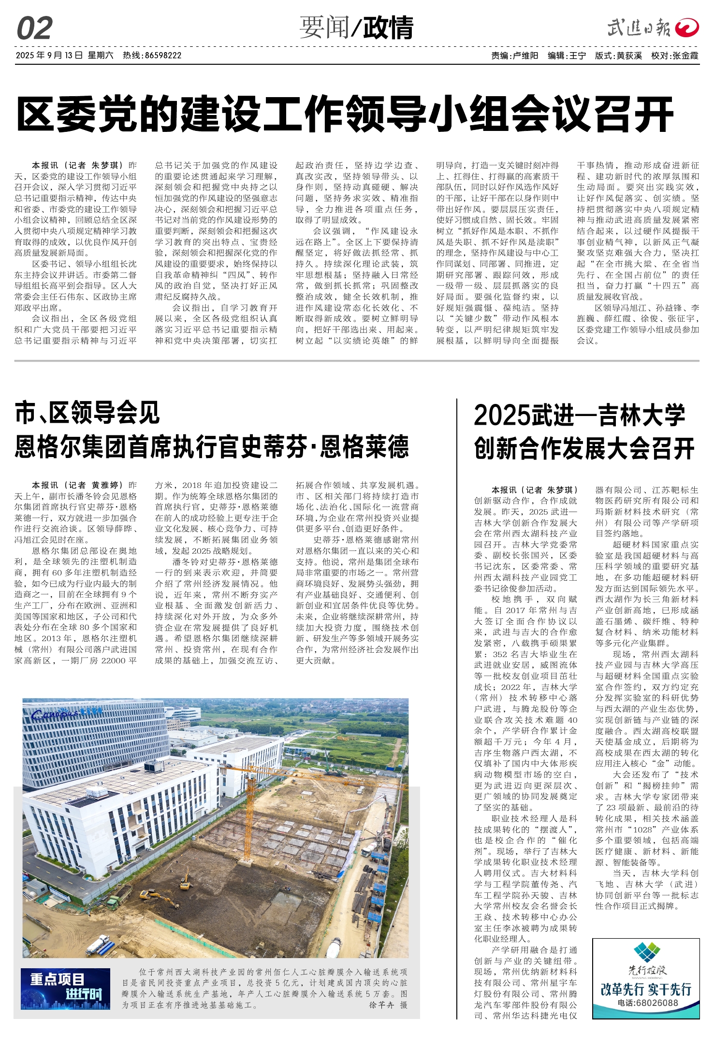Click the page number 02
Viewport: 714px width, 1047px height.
[x=34, y=29]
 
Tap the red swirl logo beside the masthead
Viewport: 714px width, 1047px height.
[x=687, y=28]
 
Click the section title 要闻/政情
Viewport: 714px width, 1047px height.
[x=356, y=28]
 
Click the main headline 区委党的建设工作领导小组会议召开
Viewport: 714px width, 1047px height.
[x=345, y=114]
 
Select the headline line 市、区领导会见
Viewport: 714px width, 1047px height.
[x=87, y=413]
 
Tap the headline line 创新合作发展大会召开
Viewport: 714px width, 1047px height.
[x=584, y=448]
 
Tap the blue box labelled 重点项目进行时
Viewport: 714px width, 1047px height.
[x=66, y=989]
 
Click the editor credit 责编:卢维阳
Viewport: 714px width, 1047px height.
[x=514, y=56]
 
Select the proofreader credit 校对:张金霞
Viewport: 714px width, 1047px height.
[x=674, y=56]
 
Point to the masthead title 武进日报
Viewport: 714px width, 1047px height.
[x=639, y=28]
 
